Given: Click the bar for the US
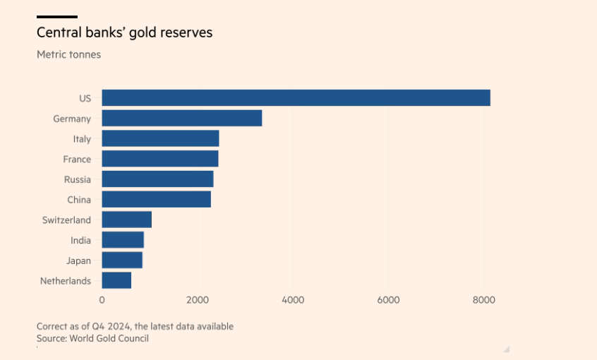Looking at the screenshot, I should click(x=296, y=98).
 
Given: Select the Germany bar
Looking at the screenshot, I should click(x=182, y=119).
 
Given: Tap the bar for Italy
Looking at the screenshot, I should click(x=160, y=138).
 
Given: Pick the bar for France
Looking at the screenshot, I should click(x=160, y=159).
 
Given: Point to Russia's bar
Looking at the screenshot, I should click(x=157, y=179).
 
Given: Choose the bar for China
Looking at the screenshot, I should click(x=156, y=199).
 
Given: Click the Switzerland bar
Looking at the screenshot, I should click(x=127, y=220).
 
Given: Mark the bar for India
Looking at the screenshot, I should click(x=123, y=240).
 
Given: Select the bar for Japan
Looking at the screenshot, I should click(x=122, y=260).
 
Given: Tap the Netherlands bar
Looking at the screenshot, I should click(x=116, y=280).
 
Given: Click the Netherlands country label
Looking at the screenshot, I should click(x=66, y=281).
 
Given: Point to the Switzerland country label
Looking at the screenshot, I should click(x=66, y=220).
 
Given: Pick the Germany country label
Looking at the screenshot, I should click(x=72, y=119).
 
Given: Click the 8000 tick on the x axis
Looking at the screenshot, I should click(x=484, y=300).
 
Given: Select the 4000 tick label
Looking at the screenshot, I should click(x=293, y=300).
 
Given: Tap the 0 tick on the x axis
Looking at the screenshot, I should click(x=102, y=300).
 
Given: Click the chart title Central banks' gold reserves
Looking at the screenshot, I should click(x=124, y=33).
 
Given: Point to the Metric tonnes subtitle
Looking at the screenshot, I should click(x=68, y=54).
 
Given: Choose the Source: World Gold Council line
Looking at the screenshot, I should click(x=92, y=338).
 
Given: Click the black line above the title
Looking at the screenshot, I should click(x=57, y=16).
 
